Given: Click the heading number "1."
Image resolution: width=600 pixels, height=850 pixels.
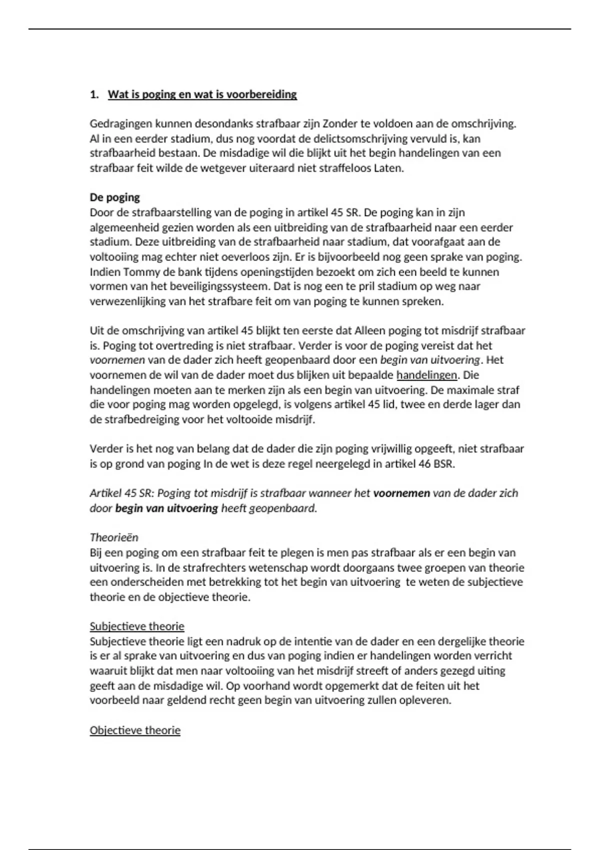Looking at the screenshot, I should [x=94, y=94].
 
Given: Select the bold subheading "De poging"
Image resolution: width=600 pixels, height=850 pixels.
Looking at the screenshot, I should [x=114, y=197].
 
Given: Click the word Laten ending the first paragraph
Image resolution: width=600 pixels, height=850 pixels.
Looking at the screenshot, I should [x=388, y=168].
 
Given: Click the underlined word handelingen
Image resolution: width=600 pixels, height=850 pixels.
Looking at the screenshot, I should [x=426, y=375].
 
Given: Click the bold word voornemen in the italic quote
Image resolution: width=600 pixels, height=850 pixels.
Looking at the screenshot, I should [x=401, y=493].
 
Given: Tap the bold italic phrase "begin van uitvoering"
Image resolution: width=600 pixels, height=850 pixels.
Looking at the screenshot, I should [x=166, y=508].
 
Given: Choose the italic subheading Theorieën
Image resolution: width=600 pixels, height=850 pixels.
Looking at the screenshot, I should [x=114, y=537].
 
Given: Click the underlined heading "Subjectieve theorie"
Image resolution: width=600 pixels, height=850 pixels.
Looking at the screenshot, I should [x=137, y=626].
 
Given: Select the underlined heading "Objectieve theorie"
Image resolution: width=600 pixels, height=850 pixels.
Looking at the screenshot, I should [x=135, y=730].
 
